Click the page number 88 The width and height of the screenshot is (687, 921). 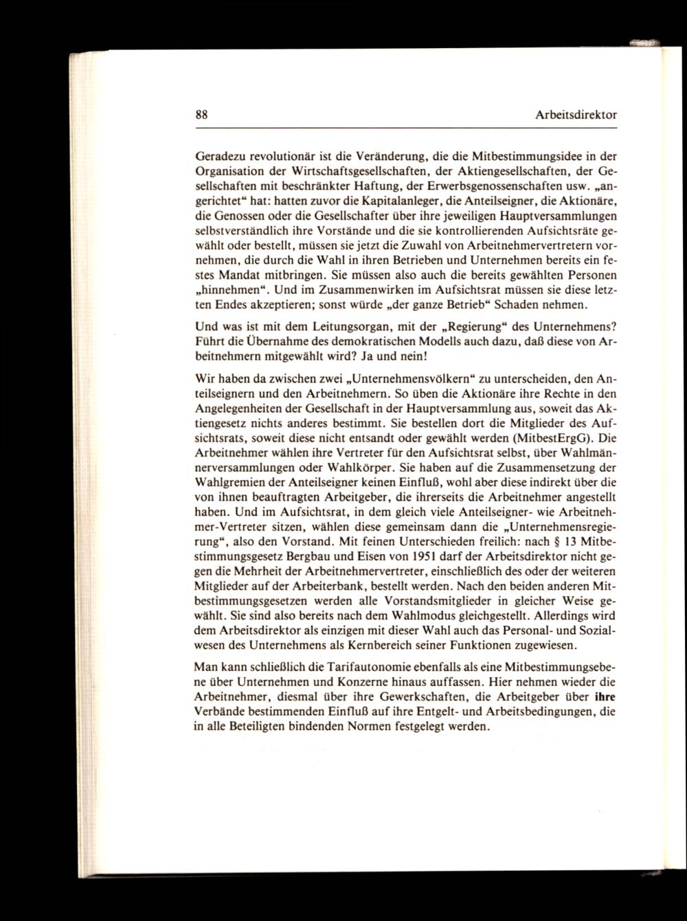[x=201, y=115]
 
